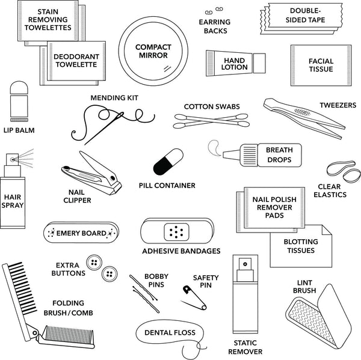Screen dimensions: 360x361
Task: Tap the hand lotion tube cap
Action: (259, 62)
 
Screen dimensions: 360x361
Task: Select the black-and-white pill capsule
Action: (167, 161)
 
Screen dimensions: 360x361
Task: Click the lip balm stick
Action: (19, 102)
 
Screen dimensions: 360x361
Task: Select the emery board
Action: (81, 232)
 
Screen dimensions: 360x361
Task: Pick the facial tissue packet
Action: (320, 62)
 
